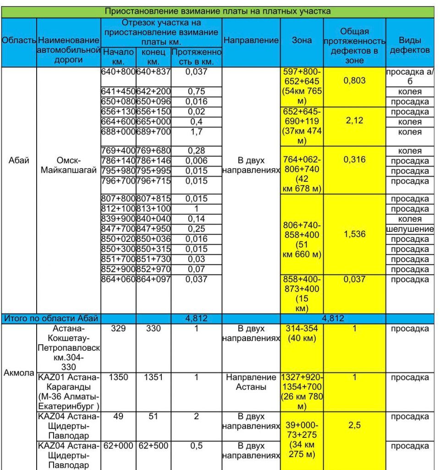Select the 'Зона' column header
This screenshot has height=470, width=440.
pyautogui.click(x=302, y=40)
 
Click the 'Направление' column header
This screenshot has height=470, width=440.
pyautogui.click(x=251, y=40)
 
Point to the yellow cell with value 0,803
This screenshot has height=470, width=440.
pyautogui.click(x=354, y=81)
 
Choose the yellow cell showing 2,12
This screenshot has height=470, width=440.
pyautogui.click(x=354, y=122)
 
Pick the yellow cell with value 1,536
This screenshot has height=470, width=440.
pyautogui.click(x=354, y=234)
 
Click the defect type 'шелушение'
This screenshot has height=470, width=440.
pyautogui.click(x=410, y=229)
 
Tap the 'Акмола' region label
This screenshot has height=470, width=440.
pyautogui.click(x=19, y=373)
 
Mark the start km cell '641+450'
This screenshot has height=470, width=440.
pyautogui.click(x=118, y=91)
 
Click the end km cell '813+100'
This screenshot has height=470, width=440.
pyautogui.click(x=153, y=209)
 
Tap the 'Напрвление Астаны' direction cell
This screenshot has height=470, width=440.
pyautogui.click(x=251, y=382)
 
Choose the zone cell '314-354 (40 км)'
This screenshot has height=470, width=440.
pyautogui.click(x=302, y=334)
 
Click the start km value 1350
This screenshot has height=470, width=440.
pyautogui.click(x=118, y=377)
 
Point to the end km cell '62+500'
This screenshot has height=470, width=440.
pyautogui.click(x=153, y=446)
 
